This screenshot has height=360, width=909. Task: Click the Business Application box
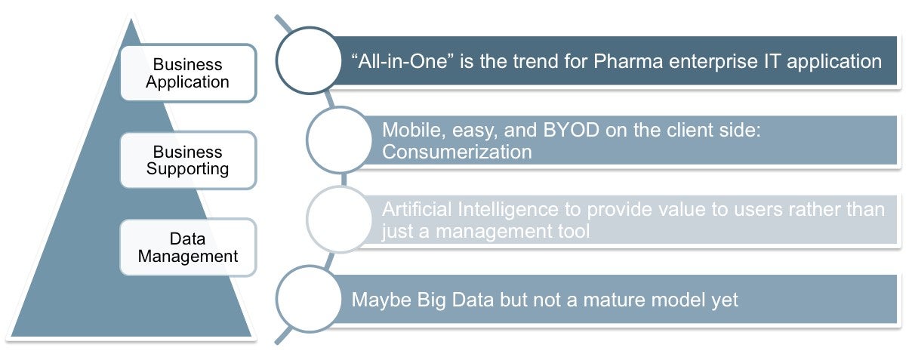tap(188, 73)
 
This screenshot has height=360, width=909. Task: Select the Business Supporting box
tap(188, 160)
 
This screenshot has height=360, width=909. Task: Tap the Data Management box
tap(188, 248)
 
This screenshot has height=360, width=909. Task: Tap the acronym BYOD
tap(571, 130)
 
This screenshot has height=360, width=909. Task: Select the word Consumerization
tap(457, 152)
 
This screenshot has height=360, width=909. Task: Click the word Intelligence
tap(507, 210)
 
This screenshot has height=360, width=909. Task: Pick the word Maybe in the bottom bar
tap(381, 300)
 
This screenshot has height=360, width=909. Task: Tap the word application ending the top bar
tap(834, 62)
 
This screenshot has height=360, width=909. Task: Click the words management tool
tap(513, 232)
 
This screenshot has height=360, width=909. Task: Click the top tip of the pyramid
tap(131, 19)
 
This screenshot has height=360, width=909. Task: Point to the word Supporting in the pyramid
tap(188, 169)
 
